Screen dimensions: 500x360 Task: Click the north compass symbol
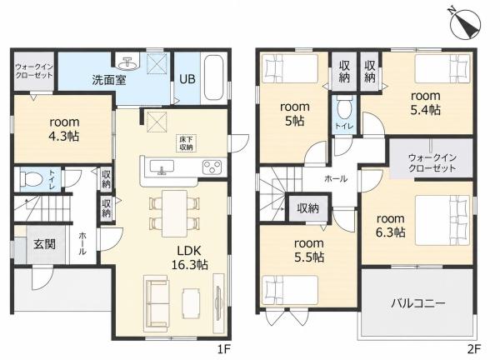click(465, 24)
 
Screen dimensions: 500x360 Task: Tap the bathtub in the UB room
click(213, 78)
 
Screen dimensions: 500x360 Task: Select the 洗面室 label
click(108, 79)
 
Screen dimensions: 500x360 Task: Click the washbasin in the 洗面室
click(127, 63)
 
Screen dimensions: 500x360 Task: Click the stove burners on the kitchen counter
click(212, 167)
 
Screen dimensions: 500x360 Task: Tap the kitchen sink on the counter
click(162, 167)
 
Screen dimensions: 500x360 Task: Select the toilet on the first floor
click(31, 179)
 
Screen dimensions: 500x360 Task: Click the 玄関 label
click(45, 244)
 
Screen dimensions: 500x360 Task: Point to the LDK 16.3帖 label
click(189, 257)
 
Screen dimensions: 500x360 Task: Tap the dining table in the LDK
click(174, 213)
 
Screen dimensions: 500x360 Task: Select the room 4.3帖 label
click(64, 129)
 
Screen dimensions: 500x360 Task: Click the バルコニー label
click(418, 302)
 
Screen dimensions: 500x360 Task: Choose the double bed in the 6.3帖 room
click(442, 220)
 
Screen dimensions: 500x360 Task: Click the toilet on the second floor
click(343, 109)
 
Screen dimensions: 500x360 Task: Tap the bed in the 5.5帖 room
click(290, 290)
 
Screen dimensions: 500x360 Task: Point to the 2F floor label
click(474, 349)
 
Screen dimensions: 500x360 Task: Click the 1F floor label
click(224, 349)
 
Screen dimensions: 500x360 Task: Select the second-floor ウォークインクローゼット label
click(432, 162)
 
